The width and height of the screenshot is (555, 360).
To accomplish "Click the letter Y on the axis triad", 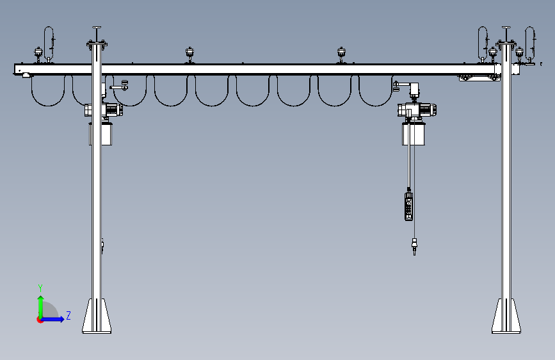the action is tap(40, 288).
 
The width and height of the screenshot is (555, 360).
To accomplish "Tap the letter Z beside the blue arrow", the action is tap(68, 315).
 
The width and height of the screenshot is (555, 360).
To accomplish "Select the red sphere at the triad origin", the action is tap(40, 320).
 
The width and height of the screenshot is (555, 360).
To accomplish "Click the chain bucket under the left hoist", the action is tap(101, 134).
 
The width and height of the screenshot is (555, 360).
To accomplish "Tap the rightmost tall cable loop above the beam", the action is tap(530, 38).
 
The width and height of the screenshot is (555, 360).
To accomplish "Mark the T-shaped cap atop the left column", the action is tap(97, 29).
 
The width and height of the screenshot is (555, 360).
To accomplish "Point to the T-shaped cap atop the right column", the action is tap(506, 29).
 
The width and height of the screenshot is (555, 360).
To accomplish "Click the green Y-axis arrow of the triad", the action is tap(40, 306).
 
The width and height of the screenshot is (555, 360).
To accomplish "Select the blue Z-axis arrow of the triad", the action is tap(54, 319).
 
